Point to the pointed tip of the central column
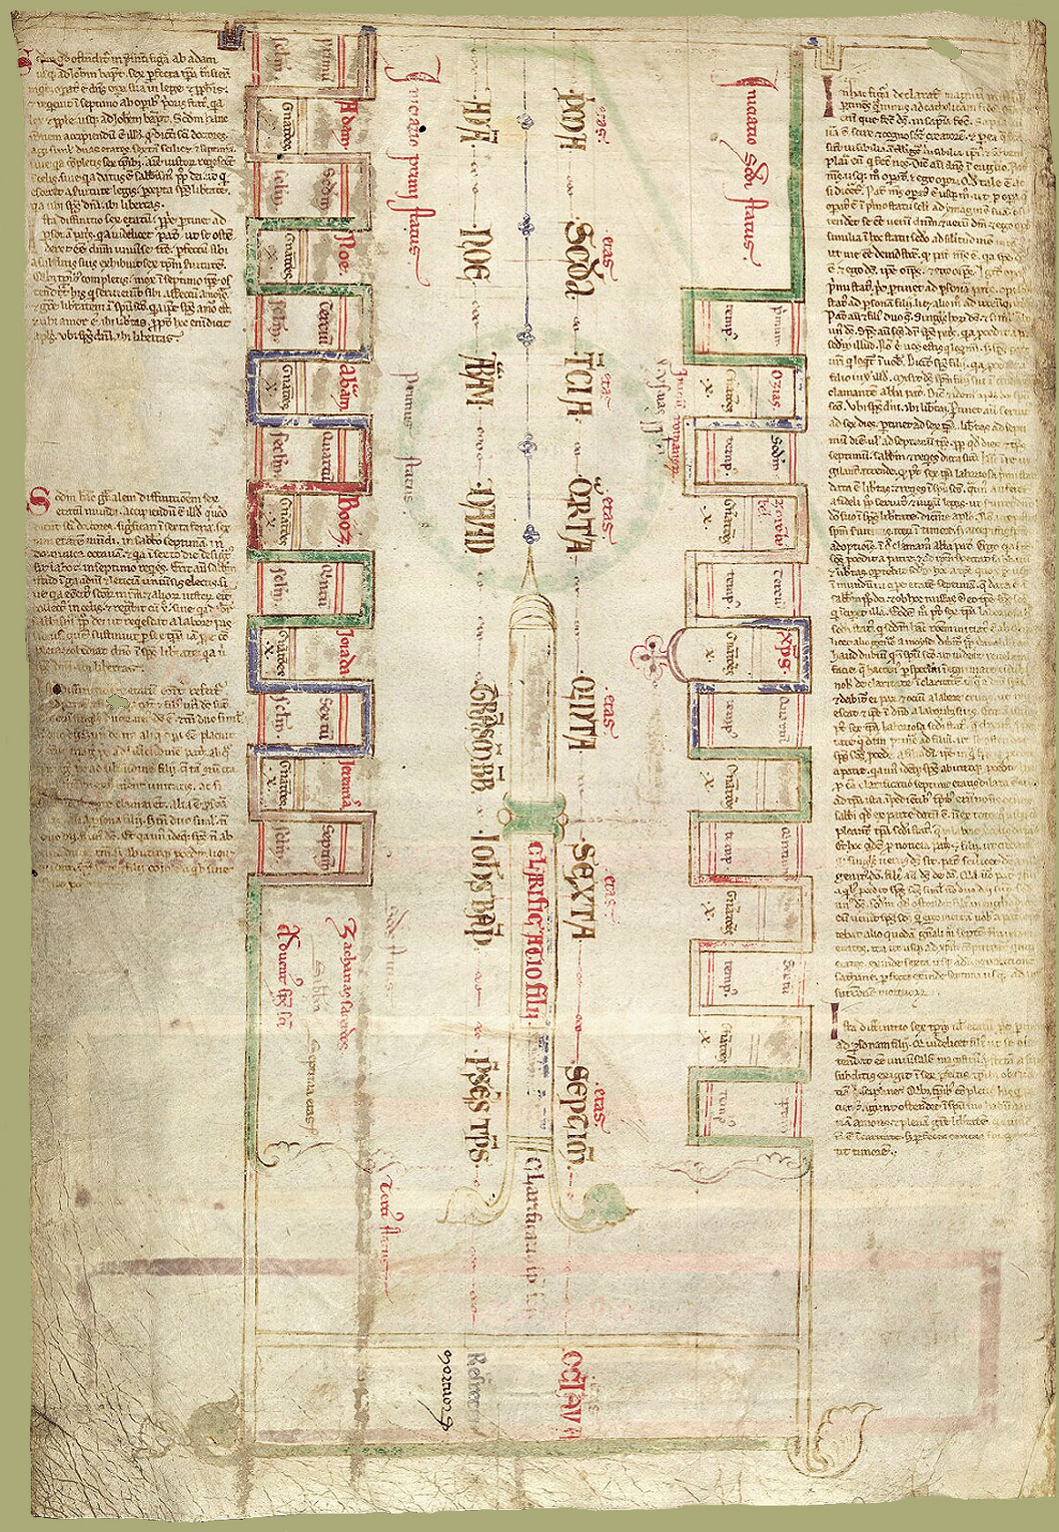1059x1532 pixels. (x=529, y=558)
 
